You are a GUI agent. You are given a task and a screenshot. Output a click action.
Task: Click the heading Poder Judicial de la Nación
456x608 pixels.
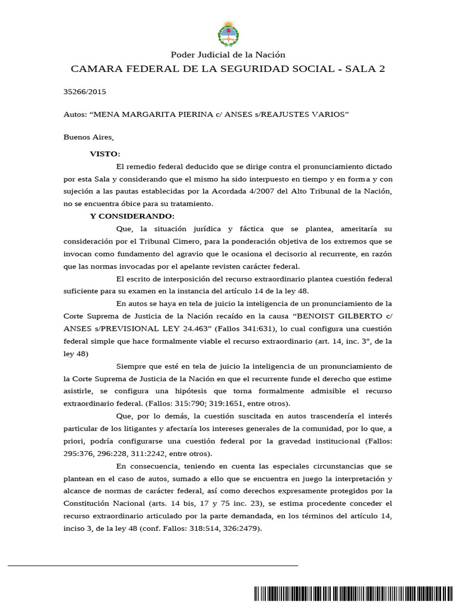pyautogui.click(x=228, y=55)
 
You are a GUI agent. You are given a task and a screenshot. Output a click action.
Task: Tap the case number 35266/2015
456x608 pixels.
pyautogui.click(x=84, y=92)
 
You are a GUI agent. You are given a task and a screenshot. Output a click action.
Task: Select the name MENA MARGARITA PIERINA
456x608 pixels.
pyautogui.click(x=148, y=115)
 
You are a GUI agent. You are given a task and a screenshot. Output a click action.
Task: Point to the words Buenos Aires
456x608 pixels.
pyautogui.click(x=87, y=137)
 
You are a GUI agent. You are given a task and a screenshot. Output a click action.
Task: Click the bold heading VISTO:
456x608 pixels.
pyautogui.click(x=105, y=154)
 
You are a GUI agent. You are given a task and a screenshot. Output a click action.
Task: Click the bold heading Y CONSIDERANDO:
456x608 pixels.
pyautogui.click(x=132, y=216)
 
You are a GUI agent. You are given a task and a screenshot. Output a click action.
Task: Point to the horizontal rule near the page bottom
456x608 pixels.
pyautogui.click(x=153, y=566)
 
